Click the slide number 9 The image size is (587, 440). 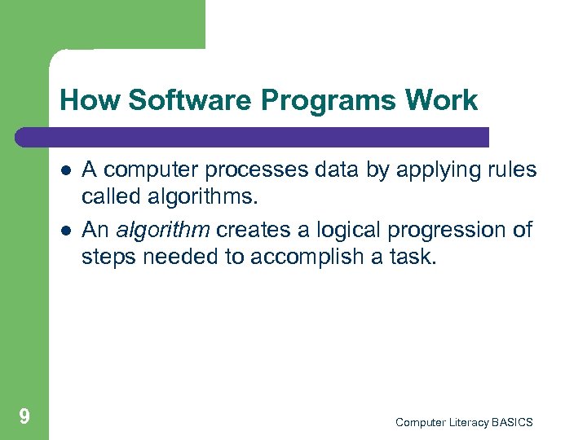24,417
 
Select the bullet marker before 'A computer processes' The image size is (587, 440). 64,171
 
